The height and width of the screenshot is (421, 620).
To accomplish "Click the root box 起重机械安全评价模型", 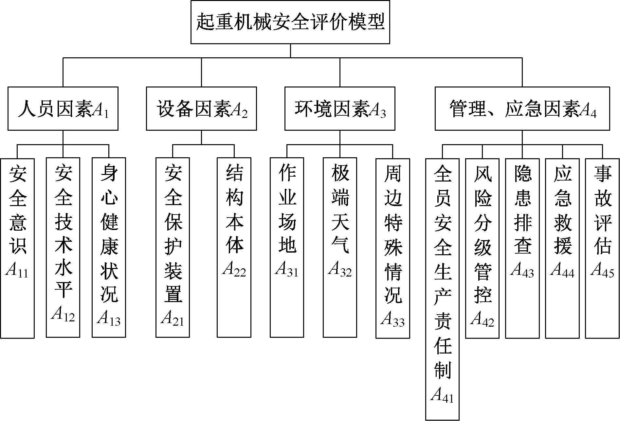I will click(x=290, y=22).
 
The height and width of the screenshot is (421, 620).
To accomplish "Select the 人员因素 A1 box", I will click(x=63, y=109).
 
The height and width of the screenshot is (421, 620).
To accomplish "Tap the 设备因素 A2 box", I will click(x=201, y=109).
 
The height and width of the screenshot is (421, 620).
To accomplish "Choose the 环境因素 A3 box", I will click(x=340, y=109).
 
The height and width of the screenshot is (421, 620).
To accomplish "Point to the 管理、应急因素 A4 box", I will click(x=522, y=109).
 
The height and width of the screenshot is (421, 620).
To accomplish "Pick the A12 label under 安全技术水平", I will click(x=63, y=315).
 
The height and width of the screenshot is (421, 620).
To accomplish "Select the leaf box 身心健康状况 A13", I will click(x=109, y=247).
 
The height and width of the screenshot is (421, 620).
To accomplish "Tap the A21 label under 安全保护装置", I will click(x=173, y=318).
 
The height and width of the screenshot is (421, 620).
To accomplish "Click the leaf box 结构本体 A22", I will click(x=234, y=247).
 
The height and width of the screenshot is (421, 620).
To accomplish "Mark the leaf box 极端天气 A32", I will click(x=340, y=247).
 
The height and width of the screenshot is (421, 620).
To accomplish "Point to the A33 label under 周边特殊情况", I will click(x=392, y=319).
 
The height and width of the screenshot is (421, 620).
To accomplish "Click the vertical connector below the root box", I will click(x=290, y=51).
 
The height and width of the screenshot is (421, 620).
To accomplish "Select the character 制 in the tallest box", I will click(x=443, y=371).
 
